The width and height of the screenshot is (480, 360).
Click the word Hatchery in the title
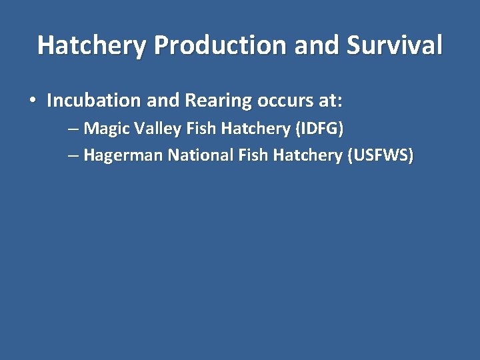(x=92, y=45)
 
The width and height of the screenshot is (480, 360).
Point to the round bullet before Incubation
(x=32, y=101)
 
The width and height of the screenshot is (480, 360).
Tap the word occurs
(x=281, y=101)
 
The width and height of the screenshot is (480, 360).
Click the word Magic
(x=104, y=128)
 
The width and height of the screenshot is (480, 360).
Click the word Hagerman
(x=123, y=156)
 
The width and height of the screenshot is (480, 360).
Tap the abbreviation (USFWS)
(x=380, y=156)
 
